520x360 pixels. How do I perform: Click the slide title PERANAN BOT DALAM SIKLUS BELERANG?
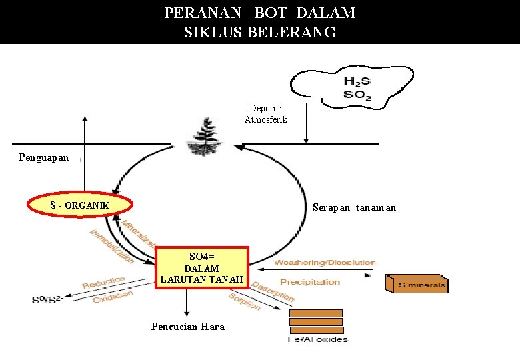[260, 22]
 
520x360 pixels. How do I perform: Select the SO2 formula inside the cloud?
[357, 95]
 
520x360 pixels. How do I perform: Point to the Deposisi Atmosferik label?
[265, 114]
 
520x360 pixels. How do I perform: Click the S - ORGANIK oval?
[79, 204]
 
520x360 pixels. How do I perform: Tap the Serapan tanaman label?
[354, 207]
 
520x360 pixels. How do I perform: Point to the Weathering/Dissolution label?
[325, 263]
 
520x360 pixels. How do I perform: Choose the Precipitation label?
[309, 282]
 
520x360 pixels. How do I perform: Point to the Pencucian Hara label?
[188, 327]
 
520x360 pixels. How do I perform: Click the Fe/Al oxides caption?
[317, 340]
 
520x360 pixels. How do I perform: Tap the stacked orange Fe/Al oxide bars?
[316, 321]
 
